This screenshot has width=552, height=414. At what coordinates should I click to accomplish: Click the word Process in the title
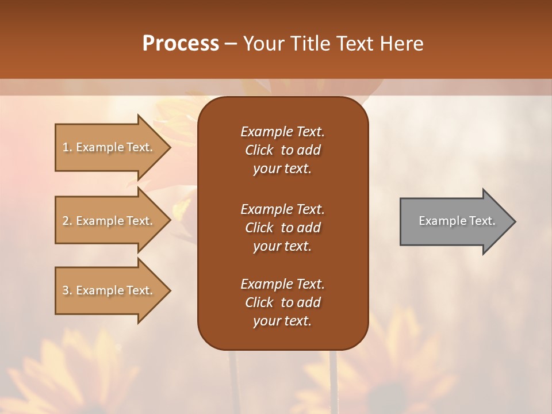coord(181,44)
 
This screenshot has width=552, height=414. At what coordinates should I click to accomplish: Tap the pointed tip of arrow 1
coord(169,147)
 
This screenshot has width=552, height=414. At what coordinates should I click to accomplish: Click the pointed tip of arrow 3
coord(169,290)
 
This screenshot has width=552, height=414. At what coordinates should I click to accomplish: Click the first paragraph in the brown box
coord(282,150)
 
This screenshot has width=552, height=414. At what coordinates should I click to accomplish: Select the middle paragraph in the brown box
coord(282,228)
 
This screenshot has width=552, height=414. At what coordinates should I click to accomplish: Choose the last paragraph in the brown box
coord(282,302)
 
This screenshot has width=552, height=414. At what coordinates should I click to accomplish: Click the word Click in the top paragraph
coord(259,150)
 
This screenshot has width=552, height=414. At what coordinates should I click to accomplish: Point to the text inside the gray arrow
coord(457,221)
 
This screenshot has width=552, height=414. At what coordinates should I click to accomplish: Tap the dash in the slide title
coord(231,44)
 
